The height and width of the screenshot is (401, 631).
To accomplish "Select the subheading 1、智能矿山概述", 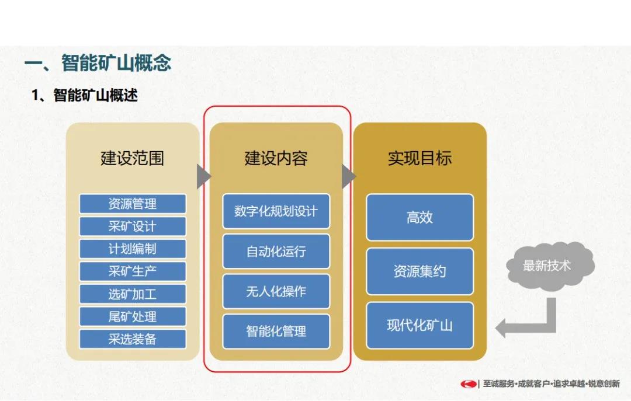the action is (85, 95).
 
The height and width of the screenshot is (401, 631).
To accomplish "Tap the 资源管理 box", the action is (133, 204).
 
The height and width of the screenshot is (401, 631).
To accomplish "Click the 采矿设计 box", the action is (133, 226).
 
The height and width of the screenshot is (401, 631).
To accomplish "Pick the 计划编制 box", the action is (133, 249).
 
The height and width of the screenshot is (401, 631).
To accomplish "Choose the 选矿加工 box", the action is (133, 294).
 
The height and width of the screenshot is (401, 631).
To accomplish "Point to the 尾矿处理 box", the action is (133, 316).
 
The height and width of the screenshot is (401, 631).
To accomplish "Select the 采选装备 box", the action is (133, 339).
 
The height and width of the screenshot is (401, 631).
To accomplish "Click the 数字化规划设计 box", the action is (276, 211).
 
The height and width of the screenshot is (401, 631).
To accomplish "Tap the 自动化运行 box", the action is (276, 252).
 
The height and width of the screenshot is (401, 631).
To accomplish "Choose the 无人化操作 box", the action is (276, 291).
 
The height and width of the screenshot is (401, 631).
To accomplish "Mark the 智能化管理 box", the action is (276, 332).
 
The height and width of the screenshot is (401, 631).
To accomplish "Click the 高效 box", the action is (419, 217).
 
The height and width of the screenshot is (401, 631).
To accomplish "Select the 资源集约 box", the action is (419, 271).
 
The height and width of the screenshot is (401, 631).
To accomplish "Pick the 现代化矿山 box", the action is (419, 325).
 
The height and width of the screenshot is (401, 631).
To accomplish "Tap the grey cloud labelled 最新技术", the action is (550, 266).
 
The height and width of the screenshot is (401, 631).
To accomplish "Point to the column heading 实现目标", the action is (419, 158).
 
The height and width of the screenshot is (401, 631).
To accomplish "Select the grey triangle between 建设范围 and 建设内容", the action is (204, 176).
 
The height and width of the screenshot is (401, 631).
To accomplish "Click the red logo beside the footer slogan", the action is (469, 384).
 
